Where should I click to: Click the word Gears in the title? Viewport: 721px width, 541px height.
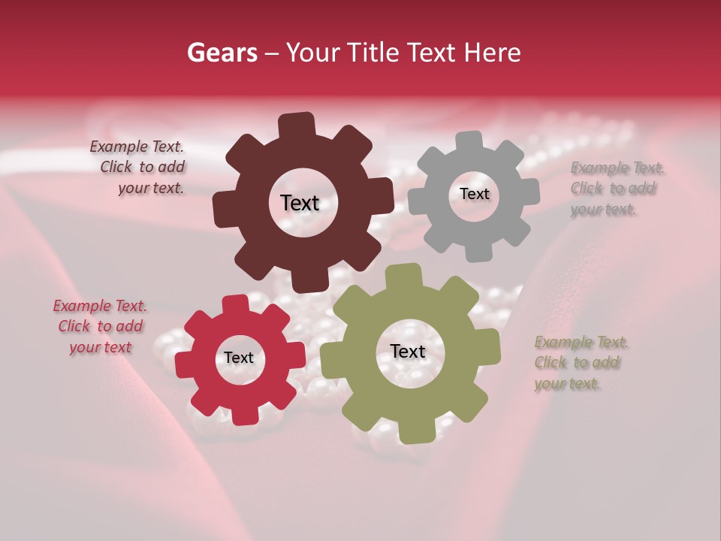pos(222,53)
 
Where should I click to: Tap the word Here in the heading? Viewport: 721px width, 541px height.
pos(491,53)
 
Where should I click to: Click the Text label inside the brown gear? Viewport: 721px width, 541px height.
pos(300,203)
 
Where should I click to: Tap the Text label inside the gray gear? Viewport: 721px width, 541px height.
pos(474,194)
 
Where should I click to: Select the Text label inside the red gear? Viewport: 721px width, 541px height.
pos(239,358)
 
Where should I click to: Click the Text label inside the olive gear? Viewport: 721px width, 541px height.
pos(408,351)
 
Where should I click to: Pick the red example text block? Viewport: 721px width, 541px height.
pos(100,326)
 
